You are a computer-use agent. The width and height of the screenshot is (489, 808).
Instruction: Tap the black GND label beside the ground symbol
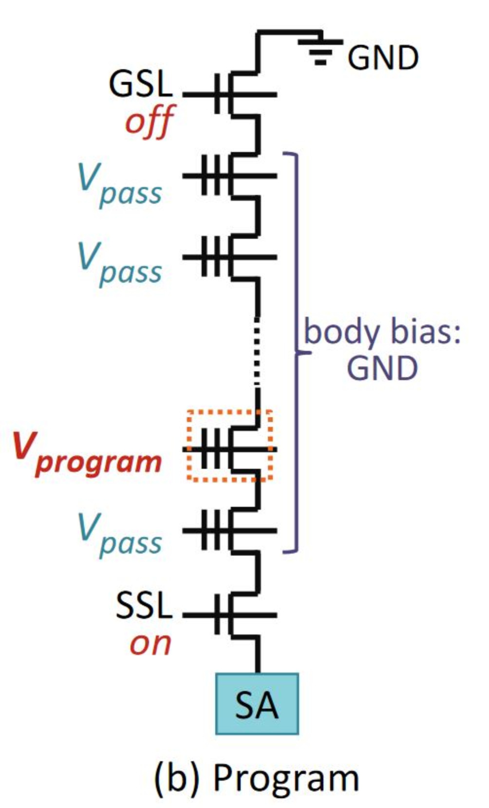383,58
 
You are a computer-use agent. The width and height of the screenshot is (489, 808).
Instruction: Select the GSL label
141,83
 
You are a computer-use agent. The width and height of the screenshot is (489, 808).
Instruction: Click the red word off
149,121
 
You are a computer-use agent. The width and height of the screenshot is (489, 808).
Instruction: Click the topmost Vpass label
120,186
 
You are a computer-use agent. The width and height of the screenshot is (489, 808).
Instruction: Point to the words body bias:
382,332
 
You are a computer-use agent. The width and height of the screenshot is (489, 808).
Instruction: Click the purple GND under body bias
382,368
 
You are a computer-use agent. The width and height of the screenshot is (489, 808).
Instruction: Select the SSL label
144,606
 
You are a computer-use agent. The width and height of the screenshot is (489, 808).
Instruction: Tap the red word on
150,644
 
